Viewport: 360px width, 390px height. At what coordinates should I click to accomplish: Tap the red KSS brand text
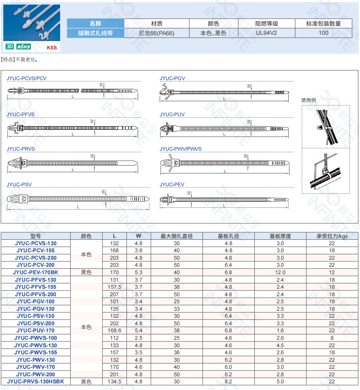pyautogui.click(x=52, y=48)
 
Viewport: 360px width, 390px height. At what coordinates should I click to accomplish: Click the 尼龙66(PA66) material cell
pyautogui.click(x=156, y=33)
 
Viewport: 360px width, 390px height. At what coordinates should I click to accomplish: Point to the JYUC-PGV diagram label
pyautogui.click(x=172, y=78)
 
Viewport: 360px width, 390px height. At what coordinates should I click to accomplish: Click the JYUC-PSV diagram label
pyautogui.click(x=19, y=185)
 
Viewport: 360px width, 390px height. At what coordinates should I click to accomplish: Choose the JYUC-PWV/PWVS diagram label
pyautogui.click(x=180, y=149)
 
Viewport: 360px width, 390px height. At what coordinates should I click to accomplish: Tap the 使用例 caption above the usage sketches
pyautogui.click(x=309, y=100)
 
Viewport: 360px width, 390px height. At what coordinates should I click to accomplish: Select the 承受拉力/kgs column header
pyautogui.click(x=332, y=236)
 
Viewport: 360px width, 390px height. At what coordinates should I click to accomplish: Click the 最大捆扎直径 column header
pyautogui.click(x=177, y=236)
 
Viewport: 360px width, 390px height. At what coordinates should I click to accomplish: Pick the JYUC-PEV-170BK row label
pyautogui.click(x=36, y=273)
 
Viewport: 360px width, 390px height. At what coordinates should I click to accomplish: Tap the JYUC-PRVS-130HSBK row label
pyautogui.click(x=36, y=381)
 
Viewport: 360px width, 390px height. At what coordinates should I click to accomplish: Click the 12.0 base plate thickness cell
pyautogui.click(x=280, y=273)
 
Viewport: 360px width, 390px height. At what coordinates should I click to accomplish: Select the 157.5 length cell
pyautogui.click(x=114, y=287)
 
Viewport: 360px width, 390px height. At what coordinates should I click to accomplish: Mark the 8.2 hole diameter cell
pyautogui.click(x=229, y=381)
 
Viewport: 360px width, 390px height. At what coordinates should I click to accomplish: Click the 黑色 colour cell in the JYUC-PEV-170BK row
pyautogui.click(x=86, y=273)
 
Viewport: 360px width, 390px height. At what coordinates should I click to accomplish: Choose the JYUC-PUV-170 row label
pyautogui.click(x=36, y=331)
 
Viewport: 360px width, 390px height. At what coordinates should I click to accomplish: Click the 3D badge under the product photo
pyautogui.click(x=10, y=47)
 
